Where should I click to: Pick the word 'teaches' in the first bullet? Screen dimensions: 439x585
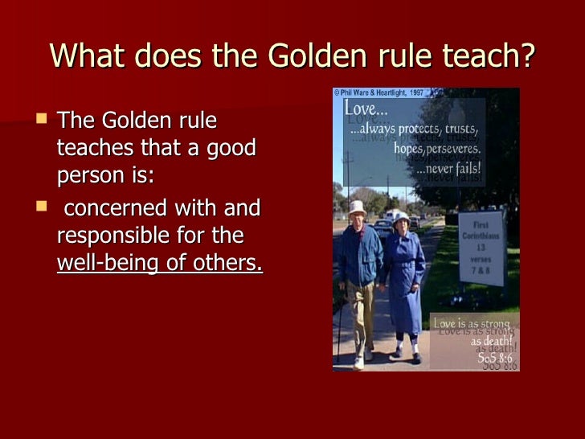tap(93, 148)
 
